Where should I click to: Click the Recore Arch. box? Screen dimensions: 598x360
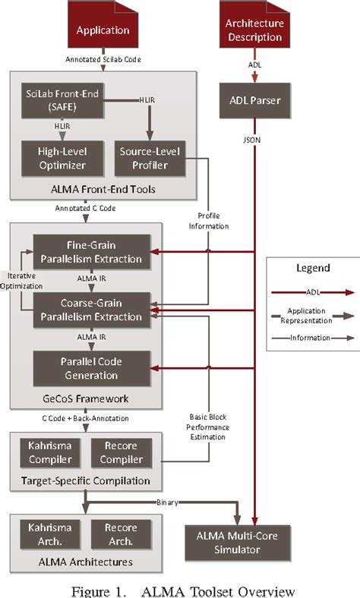115,532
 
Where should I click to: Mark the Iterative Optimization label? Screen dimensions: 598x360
16,282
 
